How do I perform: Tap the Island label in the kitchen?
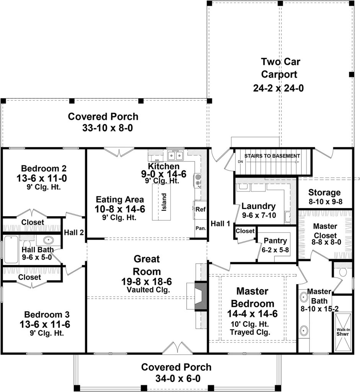(164, 201)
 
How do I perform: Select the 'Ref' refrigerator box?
(200, 209)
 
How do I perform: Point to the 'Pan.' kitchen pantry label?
(200, 228)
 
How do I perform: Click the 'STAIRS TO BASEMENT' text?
(272, 156)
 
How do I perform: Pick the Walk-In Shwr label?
(342, 331)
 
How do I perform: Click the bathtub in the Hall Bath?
(11, 249)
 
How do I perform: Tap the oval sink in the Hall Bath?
(48, 241)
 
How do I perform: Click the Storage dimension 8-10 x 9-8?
(324, 201)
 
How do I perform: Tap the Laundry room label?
(258, 206)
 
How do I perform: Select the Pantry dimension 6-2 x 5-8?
(275, 249)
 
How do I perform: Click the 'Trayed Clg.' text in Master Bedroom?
(250, 332)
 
